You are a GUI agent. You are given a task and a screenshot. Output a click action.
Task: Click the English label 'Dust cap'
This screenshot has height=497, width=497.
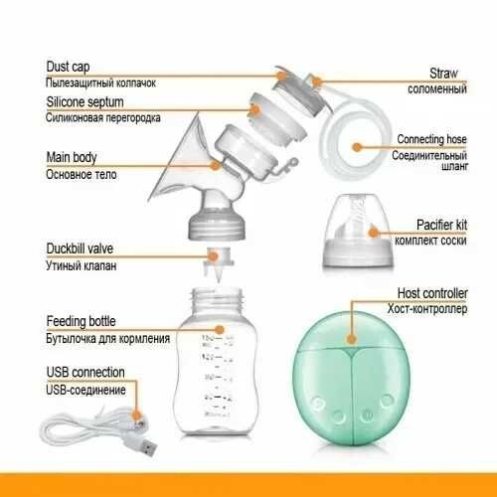pos(68,67)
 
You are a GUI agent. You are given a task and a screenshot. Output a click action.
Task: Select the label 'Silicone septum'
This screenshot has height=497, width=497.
pos(84,102)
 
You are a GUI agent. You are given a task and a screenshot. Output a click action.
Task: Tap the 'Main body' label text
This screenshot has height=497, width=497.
pos(72,157)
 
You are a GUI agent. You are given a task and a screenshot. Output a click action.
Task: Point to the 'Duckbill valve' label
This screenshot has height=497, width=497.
pos(80,248)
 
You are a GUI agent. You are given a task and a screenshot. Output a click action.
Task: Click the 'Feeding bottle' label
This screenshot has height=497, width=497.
pos(81,321)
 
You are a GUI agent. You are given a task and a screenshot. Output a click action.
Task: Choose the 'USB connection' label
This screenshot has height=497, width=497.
pos(85,372)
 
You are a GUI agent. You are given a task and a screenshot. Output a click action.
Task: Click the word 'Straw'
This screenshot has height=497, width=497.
pos(443,74)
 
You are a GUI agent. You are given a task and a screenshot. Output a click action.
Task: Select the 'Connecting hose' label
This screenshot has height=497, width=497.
pos(431,139)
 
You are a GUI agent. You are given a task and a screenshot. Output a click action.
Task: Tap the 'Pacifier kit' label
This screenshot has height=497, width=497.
pos(441,225)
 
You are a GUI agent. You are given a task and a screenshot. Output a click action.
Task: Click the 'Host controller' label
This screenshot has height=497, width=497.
pos(432,293)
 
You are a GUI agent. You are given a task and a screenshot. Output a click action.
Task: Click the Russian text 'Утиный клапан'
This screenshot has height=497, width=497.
pos(81,265)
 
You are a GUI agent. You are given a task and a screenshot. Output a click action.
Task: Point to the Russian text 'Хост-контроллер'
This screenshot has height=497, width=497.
pos(427,309)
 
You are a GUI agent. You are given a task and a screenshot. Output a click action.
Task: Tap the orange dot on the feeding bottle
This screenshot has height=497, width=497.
pos(219,330)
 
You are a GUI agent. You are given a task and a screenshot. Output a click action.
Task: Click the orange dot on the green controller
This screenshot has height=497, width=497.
pos(352,339)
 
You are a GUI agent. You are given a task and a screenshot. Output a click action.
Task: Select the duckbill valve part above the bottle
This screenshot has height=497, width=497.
pos(217,263)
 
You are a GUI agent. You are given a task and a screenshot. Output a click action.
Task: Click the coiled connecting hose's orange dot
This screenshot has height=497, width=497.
pos(357,147)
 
